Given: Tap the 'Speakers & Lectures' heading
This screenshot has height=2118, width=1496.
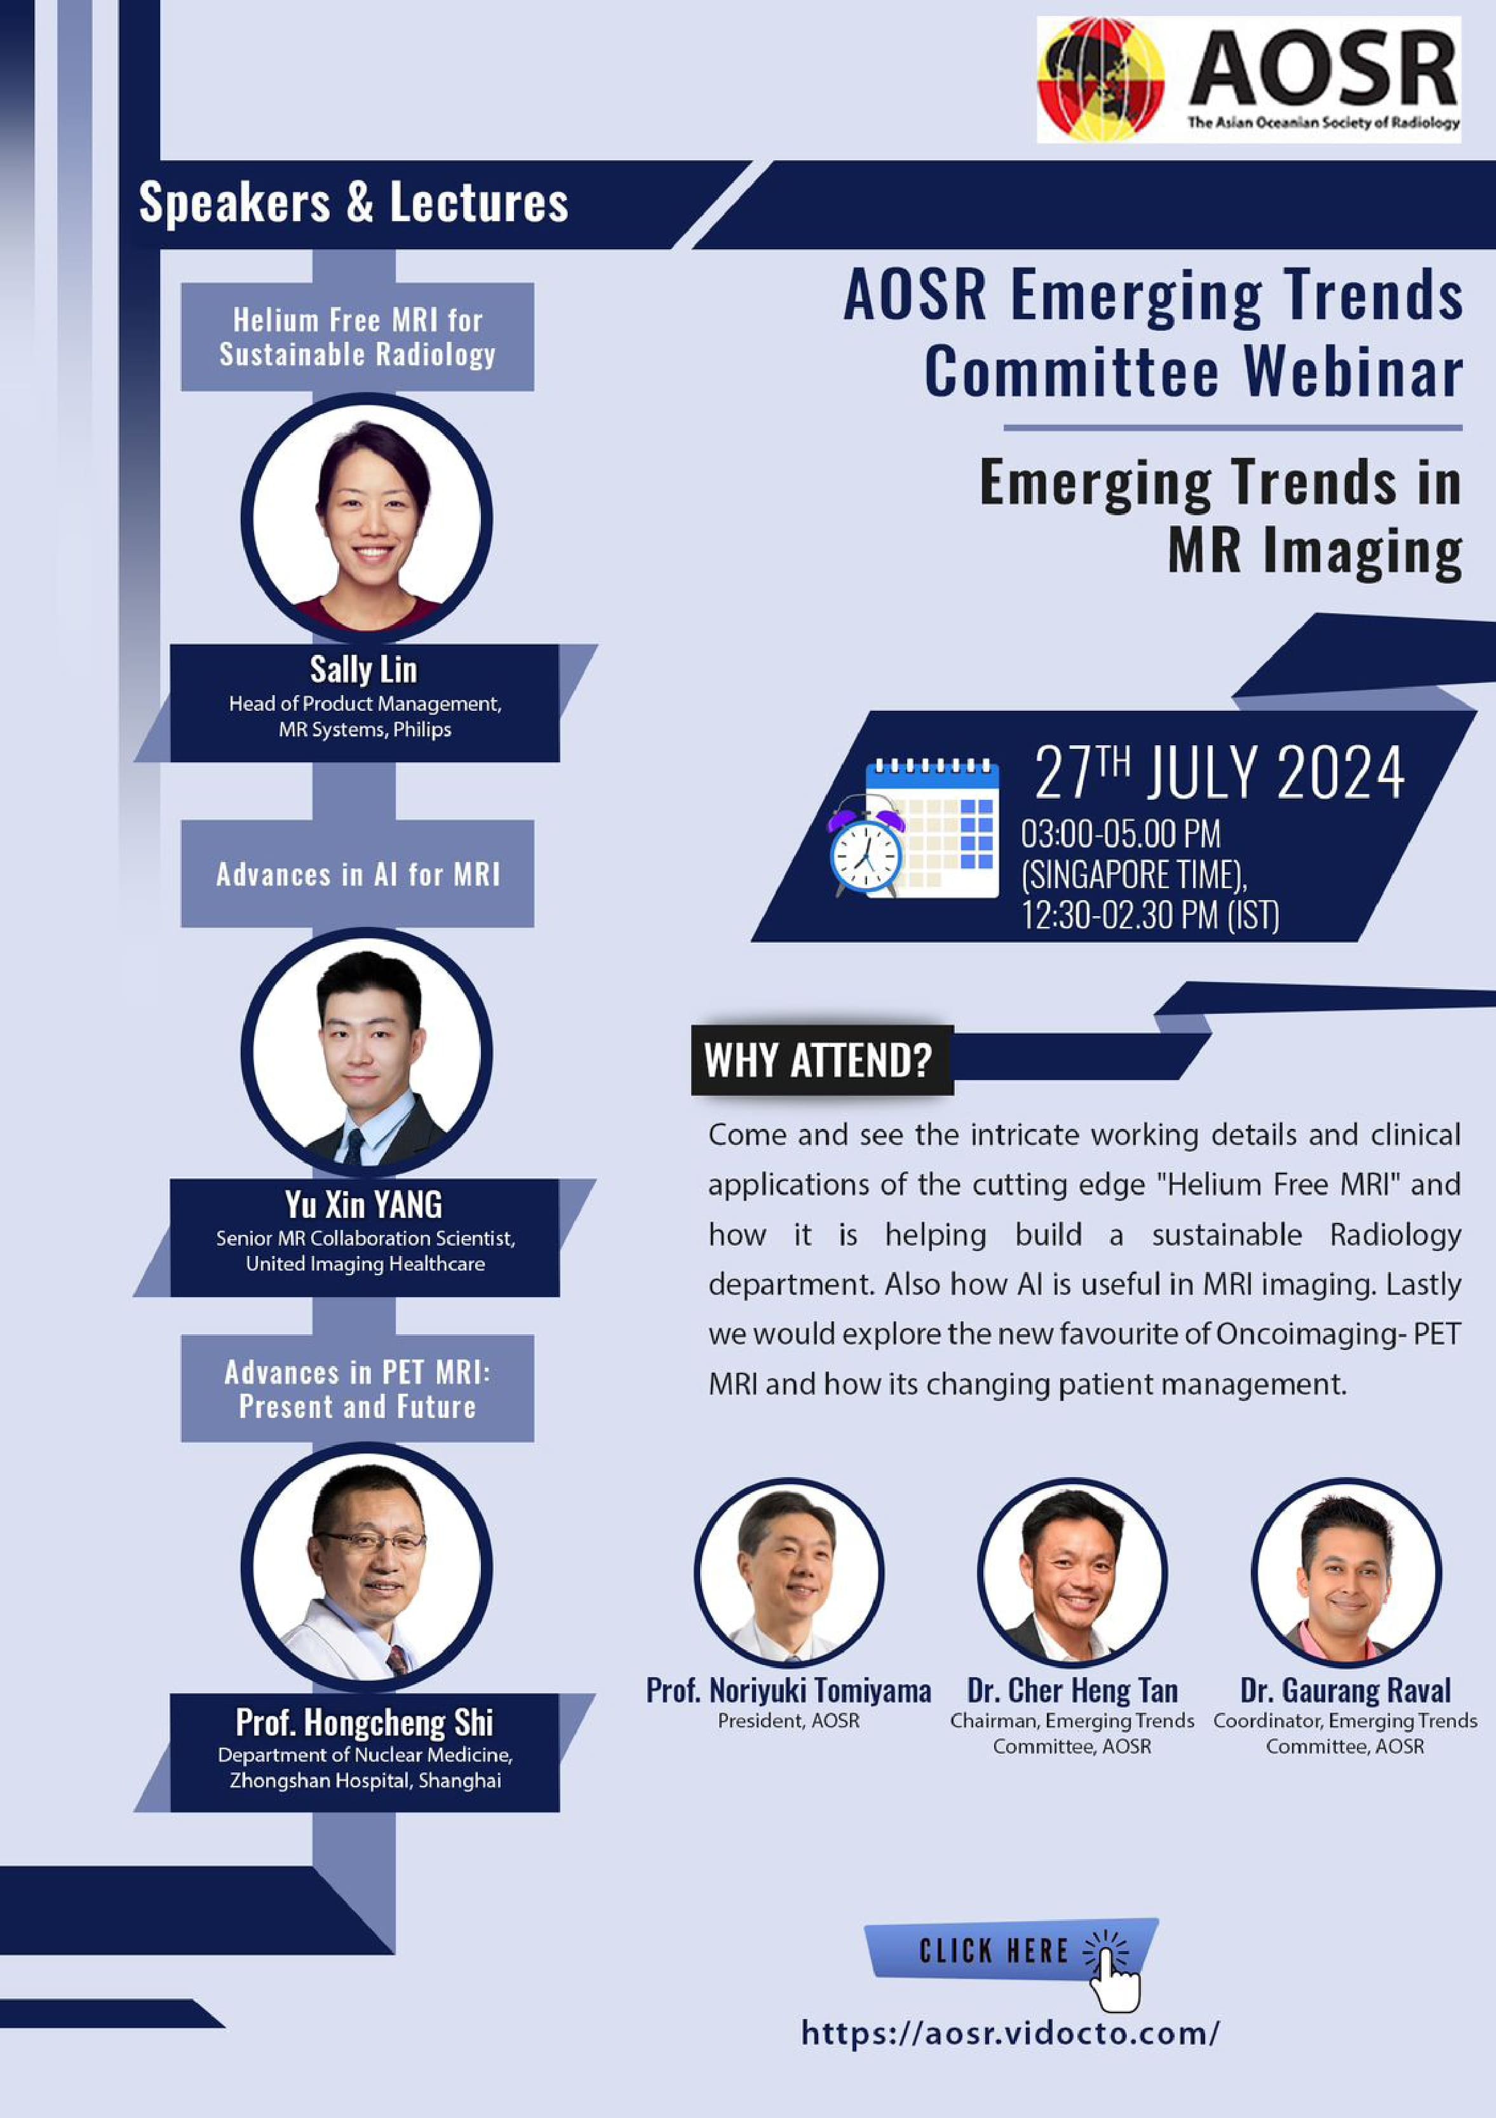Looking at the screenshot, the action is tap(353, 202).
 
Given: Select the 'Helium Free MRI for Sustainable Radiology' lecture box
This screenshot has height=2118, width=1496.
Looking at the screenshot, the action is tap(357, 337).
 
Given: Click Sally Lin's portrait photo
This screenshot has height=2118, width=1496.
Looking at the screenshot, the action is tap(366, 518).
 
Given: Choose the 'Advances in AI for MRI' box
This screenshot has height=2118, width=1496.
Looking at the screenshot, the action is tap(357, 874).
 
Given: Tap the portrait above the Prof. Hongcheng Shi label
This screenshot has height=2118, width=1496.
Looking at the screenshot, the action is tap(366, 1568).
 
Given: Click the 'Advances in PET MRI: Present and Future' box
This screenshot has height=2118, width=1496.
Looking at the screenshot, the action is tap(357, 1388).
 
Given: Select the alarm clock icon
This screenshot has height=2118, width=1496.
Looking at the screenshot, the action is tap(865, 849).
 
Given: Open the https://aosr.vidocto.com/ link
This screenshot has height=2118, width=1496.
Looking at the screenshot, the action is tap(1010, 2032).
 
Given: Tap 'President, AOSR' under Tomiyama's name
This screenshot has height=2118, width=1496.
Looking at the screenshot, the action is tap(788, 1720).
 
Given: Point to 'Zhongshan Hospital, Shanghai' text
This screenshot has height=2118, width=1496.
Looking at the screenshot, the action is tap(365, 1781).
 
